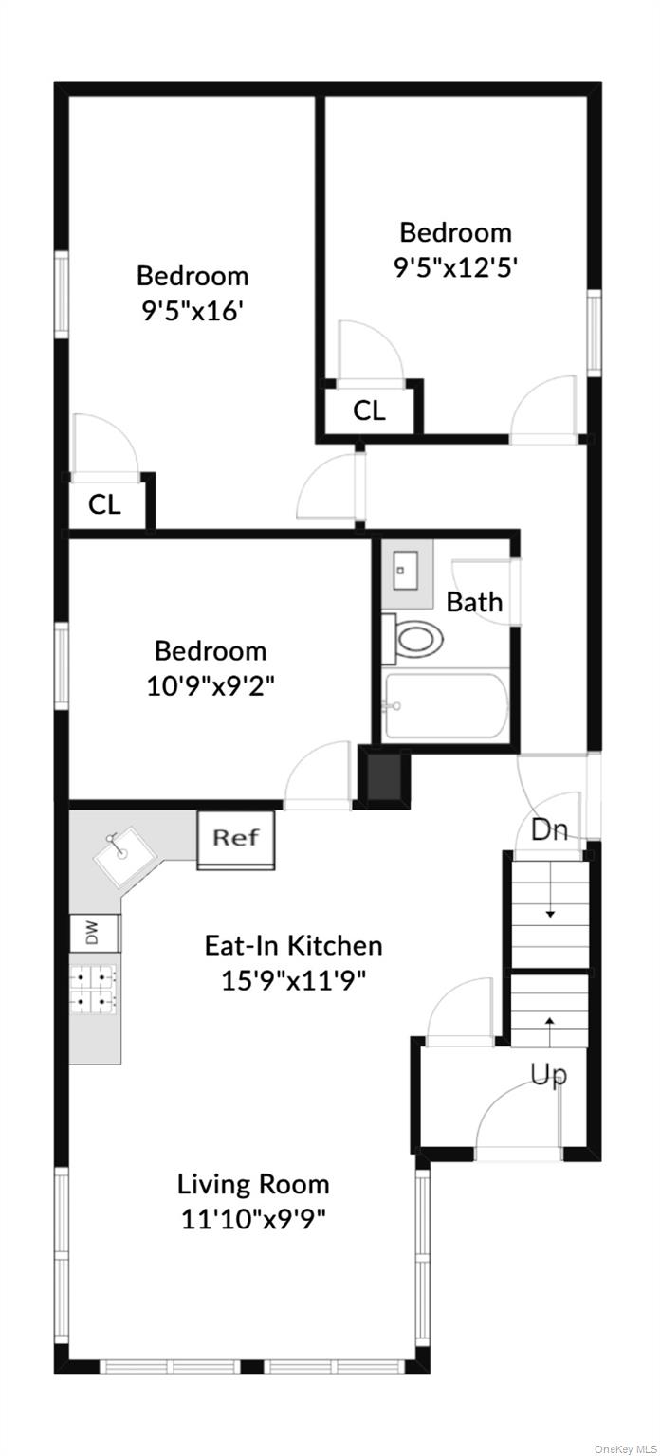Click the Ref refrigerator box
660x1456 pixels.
pyautogui.click(x=235, y=838)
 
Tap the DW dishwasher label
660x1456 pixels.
pyautogui.click(x=94, y=934)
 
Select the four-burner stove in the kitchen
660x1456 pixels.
pyautogui.click(x=94, y=987)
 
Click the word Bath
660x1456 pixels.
pyautogui.click(x=474, y=602)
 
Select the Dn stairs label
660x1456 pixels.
pyautogui.click(x=549, y=830)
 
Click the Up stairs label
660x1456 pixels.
pyautogui.click(x=548, y=1074)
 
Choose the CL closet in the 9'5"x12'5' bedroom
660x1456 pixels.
pyautogui.click(x=368, y=410)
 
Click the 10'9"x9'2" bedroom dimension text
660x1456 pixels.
pyautogui.click(x=211, y=684)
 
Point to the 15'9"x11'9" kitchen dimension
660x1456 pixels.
pyautogui.click(x=294, y=979)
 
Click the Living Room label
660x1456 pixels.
pyautogui.click(x=253, y=1184)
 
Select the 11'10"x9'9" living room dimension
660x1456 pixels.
pyautogui.click(x=253, y=1218)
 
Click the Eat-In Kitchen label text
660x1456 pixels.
pyautogui.click(x=294, y=945)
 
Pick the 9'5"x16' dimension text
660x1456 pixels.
pyautogui.click(x=192, y=310)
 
